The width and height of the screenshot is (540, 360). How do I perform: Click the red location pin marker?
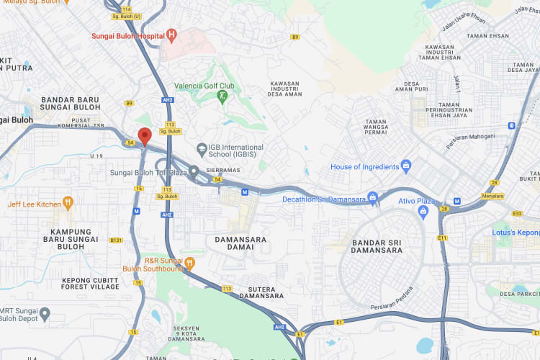(144, 135)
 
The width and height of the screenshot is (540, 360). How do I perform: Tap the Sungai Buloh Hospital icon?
(171, 35)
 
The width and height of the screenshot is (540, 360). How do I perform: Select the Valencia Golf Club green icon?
(222, 96)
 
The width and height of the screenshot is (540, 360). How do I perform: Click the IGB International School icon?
(202, 148)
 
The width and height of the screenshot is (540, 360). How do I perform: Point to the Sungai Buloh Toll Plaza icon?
(194, 172)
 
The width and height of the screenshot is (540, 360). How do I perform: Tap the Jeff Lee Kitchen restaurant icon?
(68, 204)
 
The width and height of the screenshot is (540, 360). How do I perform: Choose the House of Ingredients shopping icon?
(405, 166)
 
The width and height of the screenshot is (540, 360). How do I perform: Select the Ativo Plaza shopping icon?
(423, 211)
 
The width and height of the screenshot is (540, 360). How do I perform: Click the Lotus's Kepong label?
(515, 233)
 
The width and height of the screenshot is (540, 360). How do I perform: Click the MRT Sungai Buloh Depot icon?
(45, 314)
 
